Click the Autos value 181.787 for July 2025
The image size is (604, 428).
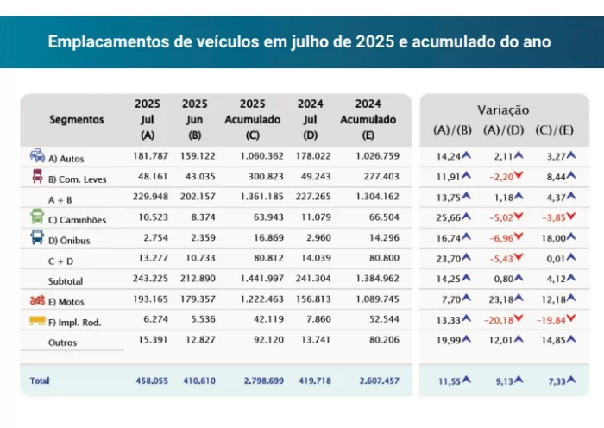pos(147,158)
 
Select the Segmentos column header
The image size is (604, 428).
pos(76,120)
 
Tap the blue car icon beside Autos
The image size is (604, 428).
pos(38,157)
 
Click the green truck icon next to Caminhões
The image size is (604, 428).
pos(38,218)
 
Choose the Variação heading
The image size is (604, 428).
pos(503,110)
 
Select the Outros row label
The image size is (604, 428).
pos(63,343)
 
